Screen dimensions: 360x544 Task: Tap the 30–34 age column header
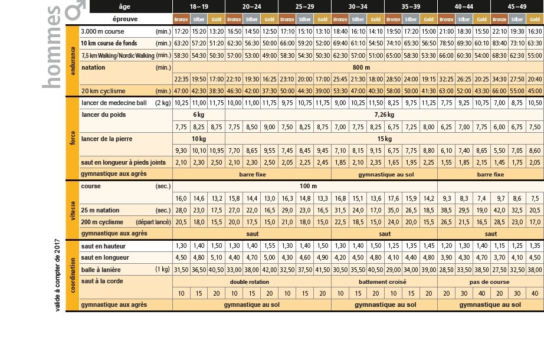[x=358, y=7]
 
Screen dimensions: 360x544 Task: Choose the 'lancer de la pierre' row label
[x=107, y=139]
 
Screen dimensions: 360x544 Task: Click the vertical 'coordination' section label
[x=72, y=275]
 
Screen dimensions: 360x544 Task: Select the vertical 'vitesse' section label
[x=72, y=209]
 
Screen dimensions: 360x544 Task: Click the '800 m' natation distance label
[x=358, y=67]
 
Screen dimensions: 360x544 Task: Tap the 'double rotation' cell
[x=251, y=282]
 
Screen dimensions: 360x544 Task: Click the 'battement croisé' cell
[x=384, y=282]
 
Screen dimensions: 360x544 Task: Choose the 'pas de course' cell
[x=490, y=282]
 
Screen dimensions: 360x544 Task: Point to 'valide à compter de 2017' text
[x=57, y=274]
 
